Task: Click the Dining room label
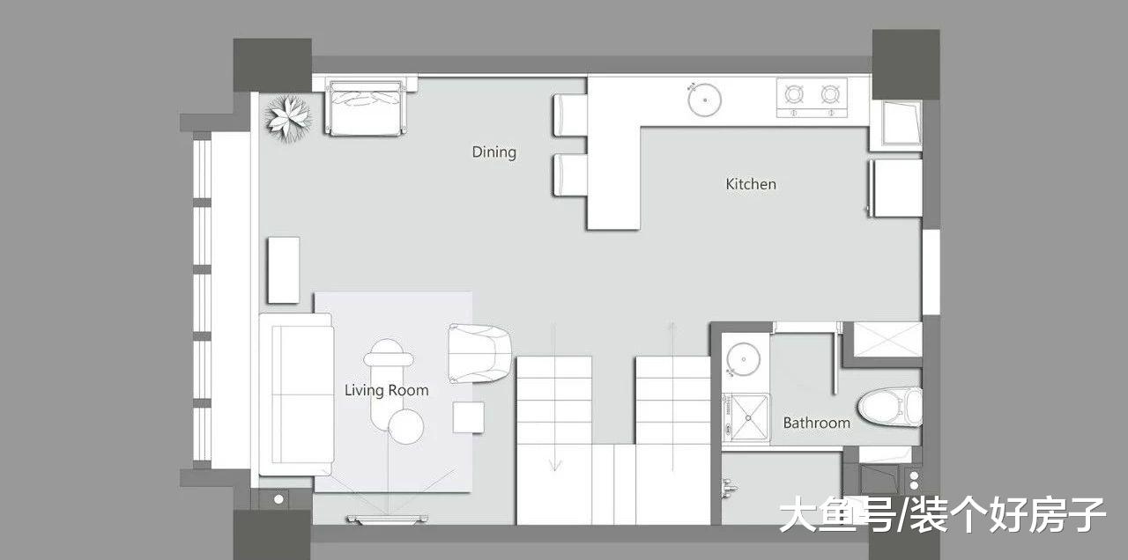pos(494,152)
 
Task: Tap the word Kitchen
pos(750,184)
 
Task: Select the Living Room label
pos(386,390)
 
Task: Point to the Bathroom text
pos(816,423)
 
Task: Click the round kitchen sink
pos(704,99)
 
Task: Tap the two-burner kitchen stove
pos(812,98)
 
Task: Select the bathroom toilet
pos(890,407)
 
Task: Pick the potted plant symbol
pos(288,119)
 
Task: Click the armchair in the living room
pos(479,353)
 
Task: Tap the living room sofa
pos(297,394)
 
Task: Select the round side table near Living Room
pos(406,427)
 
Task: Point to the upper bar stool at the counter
pos(570,115)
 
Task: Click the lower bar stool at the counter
pos(570,175)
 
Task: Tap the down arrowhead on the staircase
pos(554,465)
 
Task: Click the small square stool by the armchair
pos(468,417)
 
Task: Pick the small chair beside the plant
pos(367,107)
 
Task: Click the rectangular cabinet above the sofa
pos(284,270)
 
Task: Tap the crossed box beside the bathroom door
pos(887,340)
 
